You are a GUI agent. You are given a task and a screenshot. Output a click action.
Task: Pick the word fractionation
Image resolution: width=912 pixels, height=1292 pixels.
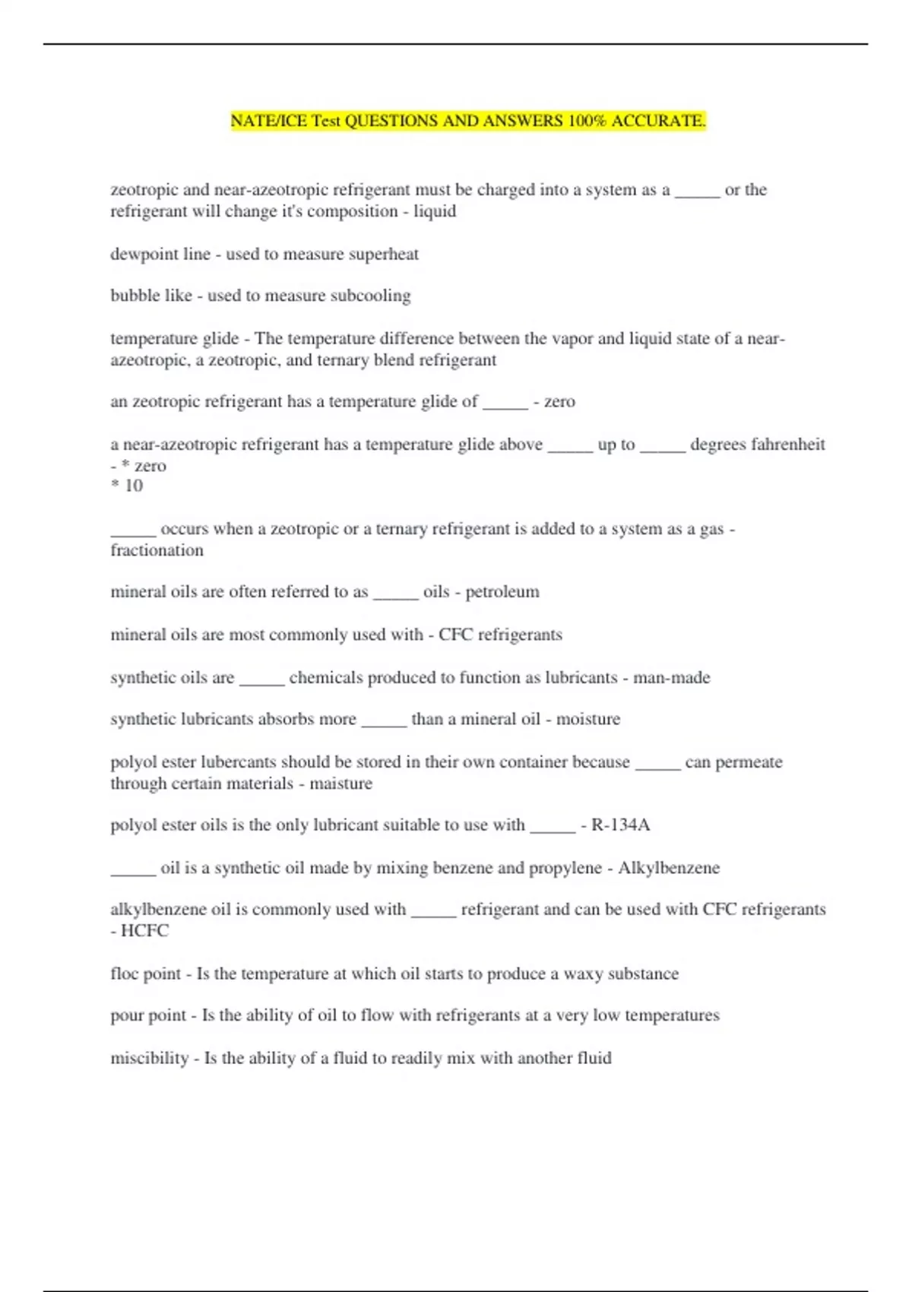click(x=157, y=550)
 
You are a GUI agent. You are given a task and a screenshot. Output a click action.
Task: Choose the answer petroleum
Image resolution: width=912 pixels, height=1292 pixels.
click(x=502, y=592)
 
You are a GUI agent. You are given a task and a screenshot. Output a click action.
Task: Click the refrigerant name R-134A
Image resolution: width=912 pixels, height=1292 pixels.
click(x=620, y=825)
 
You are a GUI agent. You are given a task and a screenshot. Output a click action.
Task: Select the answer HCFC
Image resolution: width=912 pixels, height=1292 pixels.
click(x=144, y=931)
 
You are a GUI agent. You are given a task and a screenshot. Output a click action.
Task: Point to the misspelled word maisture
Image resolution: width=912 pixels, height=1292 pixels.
click(x=340, y=784)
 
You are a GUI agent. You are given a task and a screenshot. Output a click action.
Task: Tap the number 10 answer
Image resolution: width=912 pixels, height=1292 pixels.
click(x=134, y=486)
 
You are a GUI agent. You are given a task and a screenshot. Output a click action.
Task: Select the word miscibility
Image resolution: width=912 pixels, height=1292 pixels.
click(x=149, y=1058)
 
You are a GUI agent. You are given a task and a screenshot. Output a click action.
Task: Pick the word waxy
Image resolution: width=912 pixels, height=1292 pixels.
click(x=583, y=974)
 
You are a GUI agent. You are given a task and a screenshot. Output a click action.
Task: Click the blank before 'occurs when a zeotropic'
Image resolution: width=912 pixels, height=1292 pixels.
click(x=133, y=530)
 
